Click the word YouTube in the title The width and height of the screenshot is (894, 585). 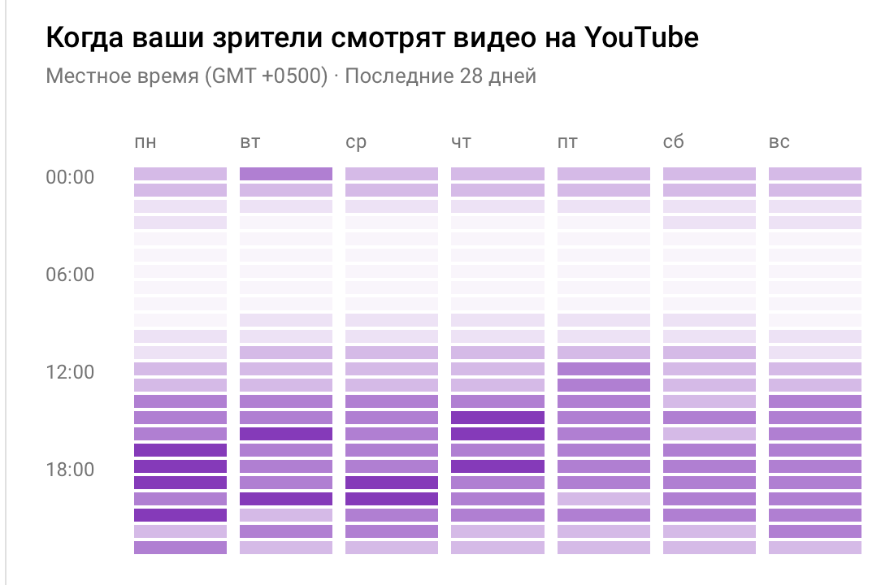[x=641, y=38]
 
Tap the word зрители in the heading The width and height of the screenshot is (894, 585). [x=266, y=38]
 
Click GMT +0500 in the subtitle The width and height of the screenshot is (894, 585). [x=265, y=77]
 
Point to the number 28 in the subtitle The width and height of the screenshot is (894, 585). [x=467, y=77]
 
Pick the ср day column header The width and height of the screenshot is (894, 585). [x=356, y=143]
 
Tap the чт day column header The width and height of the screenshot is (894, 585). [x=461, y=143]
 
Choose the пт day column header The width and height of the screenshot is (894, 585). [x=567, y=143]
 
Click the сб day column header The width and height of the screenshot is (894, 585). [x=673, y=143]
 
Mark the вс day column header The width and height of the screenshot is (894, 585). [x=779, y=143]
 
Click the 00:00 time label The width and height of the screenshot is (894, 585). [x=70, y=177]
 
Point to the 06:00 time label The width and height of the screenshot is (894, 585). [x=70, y=275]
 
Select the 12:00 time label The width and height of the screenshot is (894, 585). [x=70, y=372]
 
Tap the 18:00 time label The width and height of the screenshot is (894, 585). [x=70, y=470]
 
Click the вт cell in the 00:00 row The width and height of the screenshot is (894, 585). [x=286, y=174]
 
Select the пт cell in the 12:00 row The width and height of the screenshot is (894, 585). [x=604, y=369]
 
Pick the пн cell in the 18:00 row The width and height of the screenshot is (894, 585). [x=180, y=466]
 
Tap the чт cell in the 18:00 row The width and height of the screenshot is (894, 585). [x=497, y=466]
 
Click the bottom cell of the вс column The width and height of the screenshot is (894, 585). [x=815, y=548]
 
